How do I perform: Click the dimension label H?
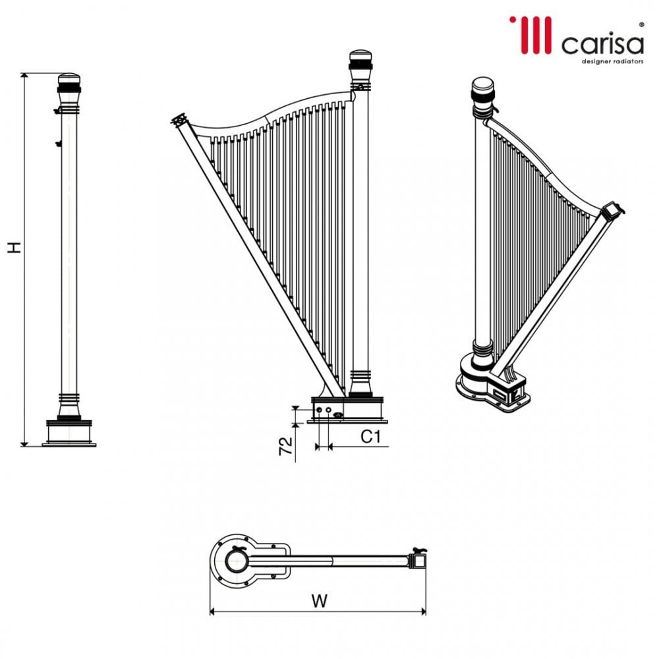tap(14, 247)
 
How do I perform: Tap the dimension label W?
tap(319, 600)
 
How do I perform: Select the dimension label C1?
tap(371, 436)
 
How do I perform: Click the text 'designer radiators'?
tap(612, 61)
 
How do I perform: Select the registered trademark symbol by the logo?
tap(641, 24)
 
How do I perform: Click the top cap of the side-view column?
tap(69, 83)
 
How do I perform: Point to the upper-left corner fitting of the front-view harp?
tap(178, 121)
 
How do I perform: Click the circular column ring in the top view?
tap(235, 561)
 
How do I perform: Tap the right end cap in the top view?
tap(417, 561)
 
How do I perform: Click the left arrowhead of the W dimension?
tap(213, 612)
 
